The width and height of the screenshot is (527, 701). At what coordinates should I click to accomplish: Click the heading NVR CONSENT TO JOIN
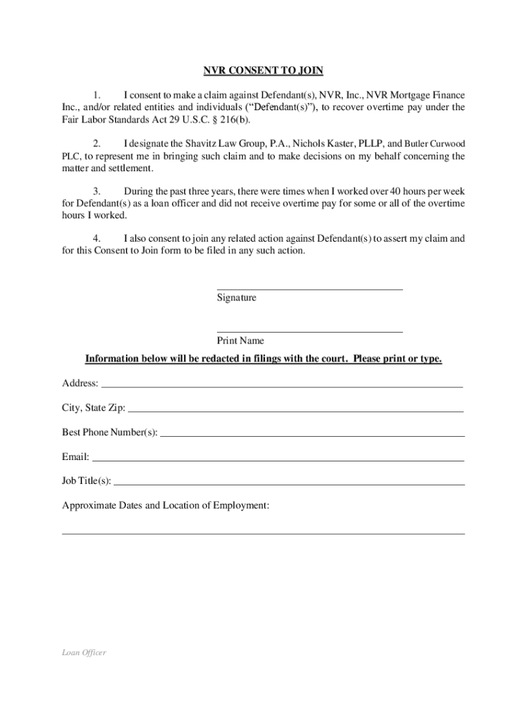point(263,71)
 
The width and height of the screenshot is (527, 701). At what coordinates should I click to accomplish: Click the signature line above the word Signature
point(309,288)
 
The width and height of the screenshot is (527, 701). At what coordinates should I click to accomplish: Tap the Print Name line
point(309,331)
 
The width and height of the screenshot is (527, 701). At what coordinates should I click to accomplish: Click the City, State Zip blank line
point(296,411)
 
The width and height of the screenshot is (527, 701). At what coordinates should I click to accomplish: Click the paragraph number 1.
point(97,94)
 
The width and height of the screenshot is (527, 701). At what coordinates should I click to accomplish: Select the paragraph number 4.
point(97,238)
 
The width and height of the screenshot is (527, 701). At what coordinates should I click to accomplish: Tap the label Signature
point(236,298)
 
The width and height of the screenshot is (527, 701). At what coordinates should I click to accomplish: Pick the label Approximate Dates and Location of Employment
point(166,505)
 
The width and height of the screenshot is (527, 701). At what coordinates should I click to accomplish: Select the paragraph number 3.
point(97,191)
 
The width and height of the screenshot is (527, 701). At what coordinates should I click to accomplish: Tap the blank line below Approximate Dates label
point(263,533)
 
